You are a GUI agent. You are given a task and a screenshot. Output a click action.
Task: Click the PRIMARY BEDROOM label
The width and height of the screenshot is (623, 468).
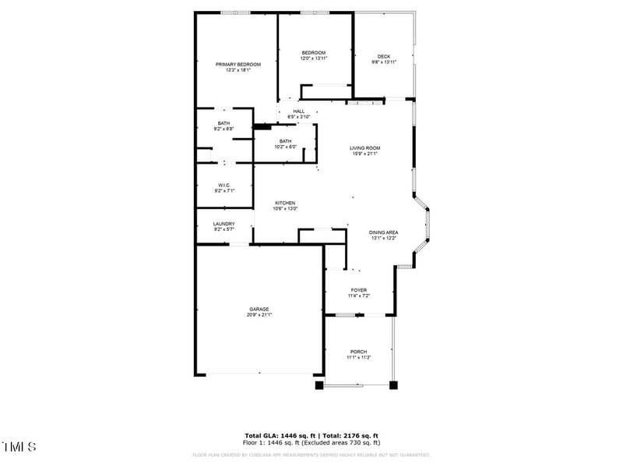point(238,64)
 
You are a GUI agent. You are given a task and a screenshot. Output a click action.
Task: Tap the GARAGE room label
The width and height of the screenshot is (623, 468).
point(259,309)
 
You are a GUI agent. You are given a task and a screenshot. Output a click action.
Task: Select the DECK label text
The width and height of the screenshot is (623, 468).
point(383,56)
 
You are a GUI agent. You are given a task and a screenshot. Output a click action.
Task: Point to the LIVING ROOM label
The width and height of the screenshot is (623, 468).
point(364,147)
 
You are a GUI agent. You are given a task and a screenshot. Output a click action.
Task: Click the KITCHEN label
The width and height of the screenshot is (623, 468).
point(284,203)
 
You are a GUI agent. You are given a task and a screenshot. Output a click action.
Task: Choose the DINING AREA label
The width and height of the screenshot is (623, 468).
point(383,232)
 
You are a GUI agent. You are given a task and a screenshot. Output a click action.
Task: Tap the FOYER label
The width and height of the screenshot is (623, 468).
point(358,290)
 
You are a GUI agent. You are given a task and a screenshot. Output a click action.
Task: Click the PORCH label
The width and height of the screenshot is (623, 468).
point(358,352)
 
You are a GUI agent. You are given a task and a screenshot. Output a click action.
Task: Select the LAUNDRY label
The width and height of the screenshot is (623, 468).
point(224,224)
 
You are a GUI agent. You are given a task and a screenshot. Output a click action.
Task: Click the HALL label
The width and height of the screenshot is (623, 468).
point(298,112)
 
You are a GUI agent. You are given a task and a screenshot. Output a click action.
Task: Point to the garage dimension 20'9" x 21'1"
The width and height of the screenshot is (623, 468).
point(259,315)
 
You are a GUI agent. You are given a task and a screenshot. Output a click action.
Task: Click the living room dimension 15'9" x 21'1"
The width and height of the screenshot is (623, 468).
point(364,154)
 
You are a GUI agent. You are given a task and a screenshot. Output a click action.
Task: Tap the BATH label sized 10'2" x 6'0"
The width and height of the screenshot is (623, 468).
point(286,141)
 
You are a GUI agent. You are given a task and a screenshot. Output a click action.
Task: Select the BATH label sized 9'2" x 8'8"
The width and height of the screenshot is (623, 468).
point(224,123)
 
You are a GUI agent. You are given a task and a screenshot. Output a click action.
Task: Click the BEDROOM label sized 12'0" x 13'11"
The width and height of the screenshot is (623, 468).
point(314,53)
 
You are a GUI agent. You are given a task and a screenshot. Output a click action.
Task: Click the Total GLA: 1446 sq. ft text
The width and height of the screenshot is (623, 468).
point(278,435)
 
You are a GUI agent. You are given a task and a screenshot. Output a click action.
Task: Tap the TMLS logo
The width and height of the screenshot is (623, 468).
point(19,447)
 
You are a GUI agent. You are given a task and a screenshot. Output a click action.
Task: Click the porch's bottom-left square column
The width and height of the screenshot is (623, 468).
point(319,385)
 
